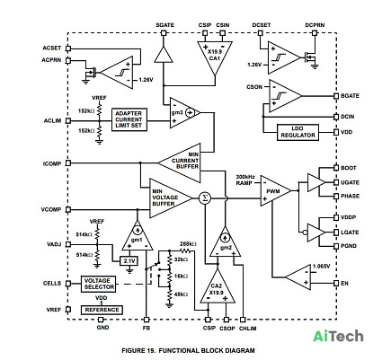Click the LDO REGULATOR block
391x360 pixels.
pos(298,132)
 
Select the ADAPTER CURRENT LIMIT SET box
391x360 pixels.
pos(129,119)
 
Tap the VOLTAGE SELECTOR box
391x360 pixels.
pos(99,284)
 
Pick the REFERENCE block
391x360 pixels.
pos(102,310)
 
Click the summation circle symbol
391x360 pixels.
pos(205,198)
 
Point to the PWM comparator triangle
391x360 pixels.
pos(275,191)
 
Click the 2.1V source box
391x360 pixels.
pos(129,261)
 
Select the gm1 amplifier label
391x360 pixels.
pos(137,240)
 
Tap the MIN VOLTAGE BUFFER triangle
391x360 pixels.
pos(171,198)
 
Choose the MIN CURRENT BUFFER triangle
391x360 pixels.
pos(180,163)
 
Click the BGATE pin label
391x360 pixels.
pos(350,96)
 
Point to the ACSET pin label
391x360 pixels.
pos(52,48)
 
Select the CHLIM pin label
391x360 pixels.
pos(247,329)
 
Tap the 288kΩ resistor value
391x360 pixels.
pos(188,243)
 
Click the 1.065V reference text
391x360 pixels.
pos(322,267)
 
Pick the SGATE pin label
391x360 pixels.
pos(164,25)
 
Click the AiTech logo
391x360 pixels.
pos(338,336)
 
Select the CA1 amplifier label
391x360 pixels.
pos(215,58)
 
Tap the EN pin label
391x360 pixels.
pos(344,283)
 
